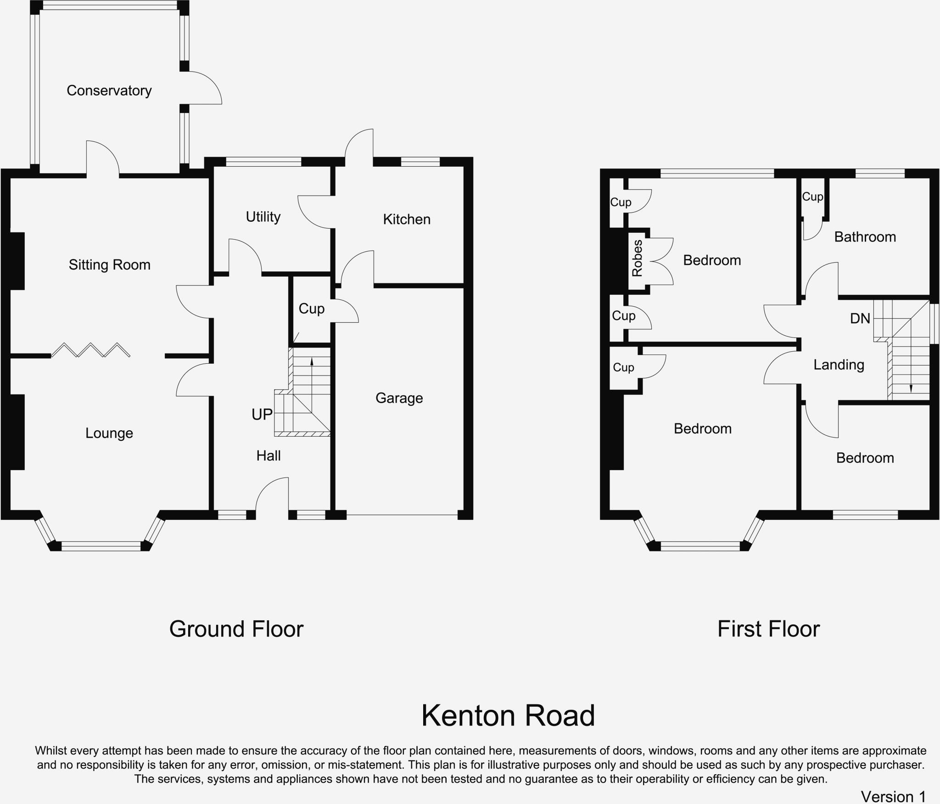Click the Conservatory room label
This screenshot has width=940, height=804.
[x=109, y=90]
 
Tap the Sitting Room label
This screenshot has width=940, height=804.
[x=110, y=265]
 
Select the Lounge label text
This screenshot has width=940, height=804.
[x=109, y=433]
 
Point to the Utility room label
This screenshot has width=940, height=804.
[x=263, y=217]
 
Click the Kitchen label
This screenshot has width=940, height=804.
[x=407, y=219]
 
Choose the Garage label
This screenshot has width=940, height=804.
[x=399, y=398]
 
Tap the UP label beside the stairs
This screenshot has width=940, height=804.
[x=262, y=415]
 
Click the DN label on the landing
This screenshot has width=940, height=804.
[x=860, y=318]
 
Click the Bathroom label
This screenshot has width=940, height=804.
[x=865, y=237]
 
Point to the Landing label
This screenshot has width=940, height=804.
[x=839, y=365]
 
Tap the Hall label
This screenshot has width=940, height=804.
[x=269, y=455]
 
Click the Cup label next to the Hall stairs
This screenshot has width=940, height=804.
[x=312, y=309]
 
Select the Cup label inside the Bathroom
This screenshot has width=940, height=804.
[x=812, y=197]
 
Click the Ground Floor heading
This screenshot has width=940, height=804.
[x=236, y=629]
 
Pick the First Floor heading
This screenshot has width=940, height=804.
[x=768, y=629]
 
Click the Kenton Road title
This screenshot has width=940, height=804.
[x=508, y=716]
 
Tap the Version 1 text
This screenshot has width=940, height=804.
[x=893, y=796]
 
